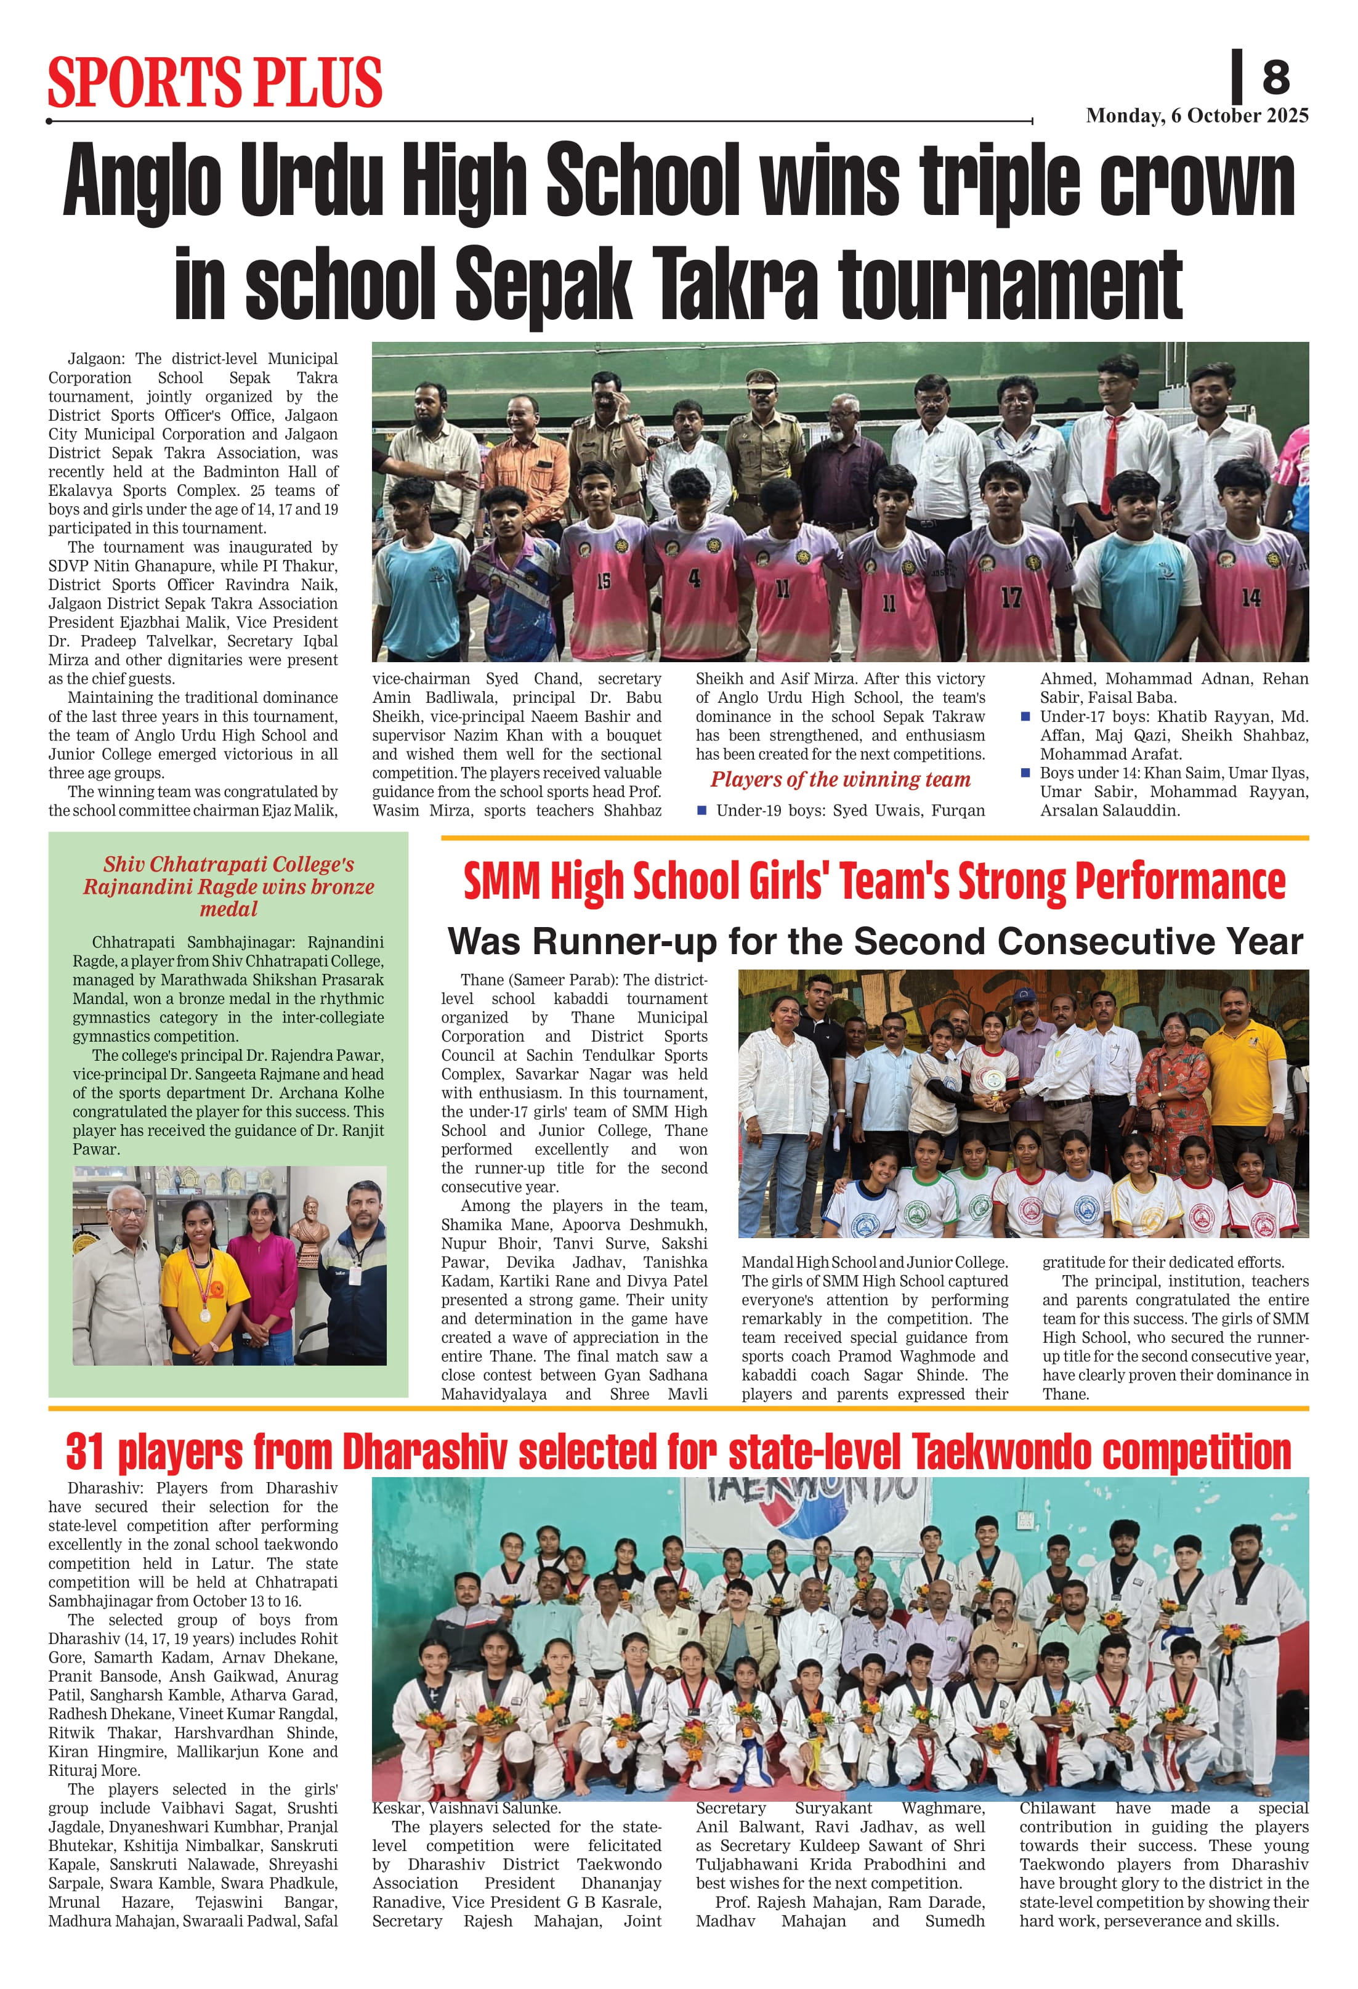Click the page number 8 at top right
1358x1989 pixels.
click(x=1275, y=77)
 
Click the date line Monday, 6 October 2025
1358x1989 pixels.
click(x=1196, y=116)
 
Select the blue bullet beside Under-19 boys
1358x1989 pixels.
click(x=701, y=809)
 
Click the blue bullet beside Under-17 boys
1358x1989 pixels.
click(x=1026, y=716)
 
